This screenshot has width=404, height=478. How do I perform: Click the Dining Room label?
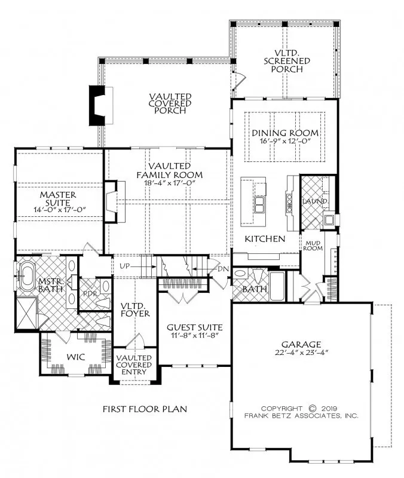click(x=285, y=133)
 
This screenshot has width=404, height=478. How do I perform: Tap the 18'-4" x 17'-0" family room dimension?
click(x=169, y=183)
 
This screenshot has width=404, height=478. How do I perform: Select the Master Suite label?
click(x=58, y=198)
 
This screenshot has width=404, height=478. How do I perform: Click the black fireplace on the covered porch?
click(x=97, y=106)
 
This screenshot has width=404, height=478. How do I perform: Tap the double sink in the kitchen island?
click(x=260, y=204)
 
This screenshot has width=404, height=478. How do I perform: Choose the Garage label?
click(x=301, y=345)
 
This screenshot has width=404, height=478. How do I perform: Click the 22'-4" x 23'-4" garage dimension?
click(x=301, y=353)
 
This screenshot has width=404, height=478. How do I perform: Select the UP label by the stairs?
click(x=124, y=266)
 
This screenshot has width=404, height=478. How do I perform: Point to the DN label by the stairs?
click(x=224, y=269)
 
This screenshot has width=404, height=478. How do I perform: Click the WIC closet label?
click(x=76, y=357)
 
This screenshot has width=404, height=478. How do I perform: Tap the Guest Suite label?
click(x=195, y=327)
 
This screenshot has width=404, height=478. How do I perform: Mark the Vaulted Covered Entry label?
click(x=134, y=364)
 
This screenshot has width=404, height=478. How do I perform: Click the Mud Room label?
click(x=313, y=246)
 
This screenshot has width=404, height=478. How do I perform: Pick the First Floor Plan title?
click(x=145, y=409)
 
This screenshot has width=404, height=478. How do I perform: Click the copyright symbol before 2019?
click(x=313, y=408)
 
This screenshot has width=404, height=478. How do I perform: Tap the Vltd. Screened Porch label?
click(x=287, y=61)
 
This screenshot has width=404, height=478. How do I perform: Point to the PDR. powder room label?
click(x=90, y=294)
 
